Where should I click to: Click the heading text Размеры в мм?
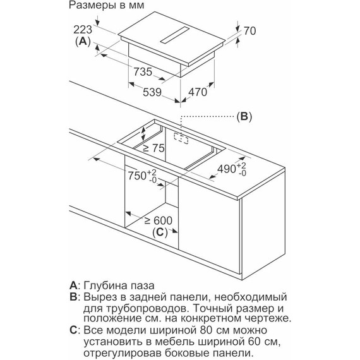(x=106, y=6)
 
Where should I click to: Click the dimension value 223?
(x=83, y=30)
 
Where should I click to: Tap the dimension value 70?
(x=249, y=31)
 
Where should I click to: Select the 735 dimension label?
(x=143, y=71)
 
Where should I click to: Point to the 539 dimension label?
(x=152, y=92)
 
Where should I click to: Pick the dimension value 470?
(x=198, y=92)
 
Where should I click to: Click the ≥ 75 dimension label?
(x=153, y=148)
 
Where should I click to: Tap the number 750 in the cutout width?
(x=137, y=176)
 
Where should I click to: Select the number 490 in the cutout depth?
(x=227, y=169)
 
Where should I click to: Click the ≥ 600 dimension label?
(x=159, y=220)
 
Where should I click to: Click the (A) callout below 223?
(x=83, y=42)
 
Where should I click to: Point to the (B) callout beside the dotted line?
(x=244, y=116)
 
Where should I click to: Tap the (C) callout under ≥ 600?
(x=160, y=232)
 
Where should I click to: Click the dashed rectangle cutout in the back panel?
(x=181, y=139)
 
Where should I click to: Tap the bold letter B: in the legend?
(x=75, y=297)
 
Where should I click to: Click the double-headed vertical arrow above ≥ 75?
(x=143, y=134)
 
